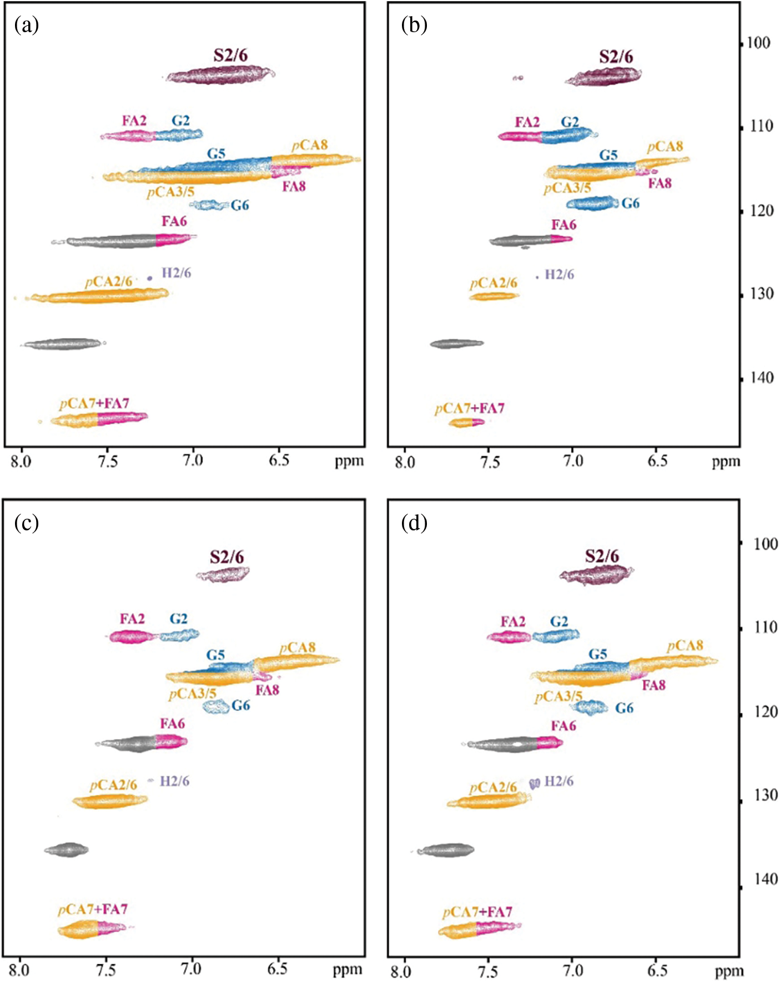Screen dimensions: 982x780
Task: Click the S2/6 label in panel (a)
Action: tap(230, 55)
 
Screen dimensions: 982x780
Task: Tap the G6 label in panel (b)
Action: tap(630, 204)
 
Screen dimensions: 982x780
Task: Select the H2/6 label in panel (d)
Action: tap(559, 782)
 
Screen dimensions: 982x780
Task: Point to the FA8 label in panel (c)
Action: tap(267, 690)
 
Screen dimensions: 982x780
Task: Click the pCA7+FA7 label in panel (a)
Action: tap(94, 403)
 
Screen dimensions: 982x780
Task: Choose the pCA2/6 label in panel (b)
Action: tap(494, 284)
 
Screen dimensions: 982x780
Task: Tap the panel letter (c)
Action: tap(27, 523)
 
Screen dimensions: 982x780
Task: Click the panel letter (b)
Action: tap(414, 25)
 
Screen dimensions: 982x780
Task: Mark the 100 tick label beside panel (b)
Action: tap(758, 43)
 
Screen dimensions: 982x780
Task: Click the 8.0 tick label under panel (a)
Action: tap(21, 461)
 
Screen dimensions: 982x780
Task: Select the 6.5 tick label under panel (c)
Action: tap(277, 969)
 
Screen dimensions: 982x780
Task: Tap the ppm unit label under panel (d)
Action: tap(728, 971)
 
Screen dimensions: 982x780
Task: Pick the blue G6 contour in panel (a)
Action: tap(209, 205)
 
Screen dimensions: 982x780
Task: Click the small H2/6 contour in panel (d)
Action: tap(535, 783)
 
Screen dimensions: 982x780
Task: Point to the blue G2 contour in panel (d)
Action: tap(556, 636)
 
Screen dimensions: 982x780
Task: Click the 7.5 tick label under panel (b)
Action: tap(490, 462)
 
